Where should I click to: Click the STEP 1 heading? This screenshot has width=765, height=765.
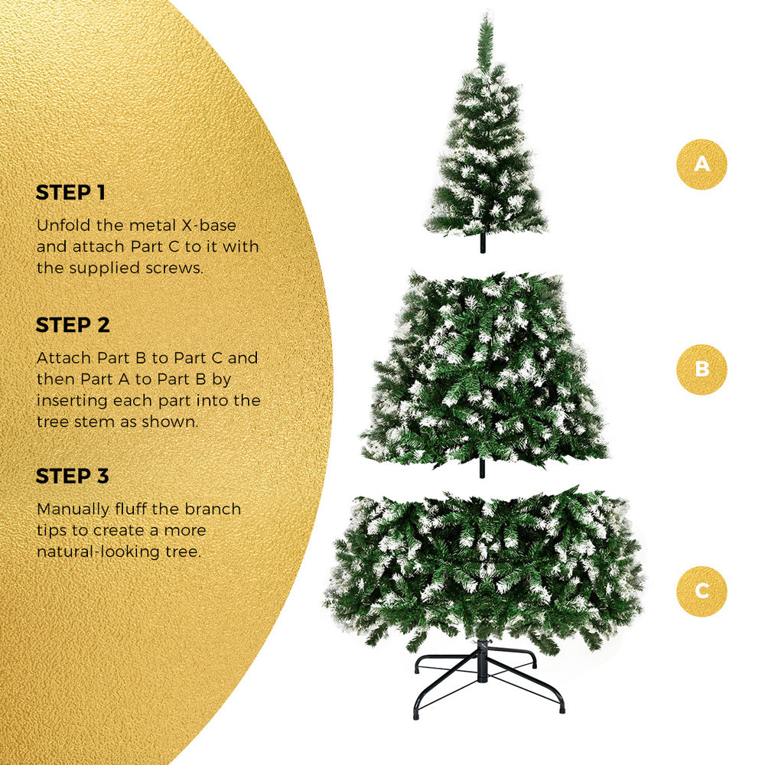pos(70,193)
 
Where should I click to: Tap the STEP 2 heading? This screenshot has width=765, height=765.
pos(73,325)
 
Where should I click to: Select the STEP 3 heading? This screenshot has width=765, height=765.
pos(73,476)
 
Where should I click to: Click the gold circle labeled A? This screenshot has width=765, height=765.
pos(702,164)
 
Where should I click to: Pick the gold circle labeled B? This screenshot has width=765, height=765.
pos(702,369)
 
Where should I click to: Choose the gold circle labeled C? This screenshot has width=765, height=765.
pos(702,591)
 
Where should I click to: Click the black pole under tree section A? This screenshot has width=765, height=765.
pos(483,243)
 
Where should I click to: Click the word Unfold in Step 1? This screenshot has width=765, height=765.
pos(60,226)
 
